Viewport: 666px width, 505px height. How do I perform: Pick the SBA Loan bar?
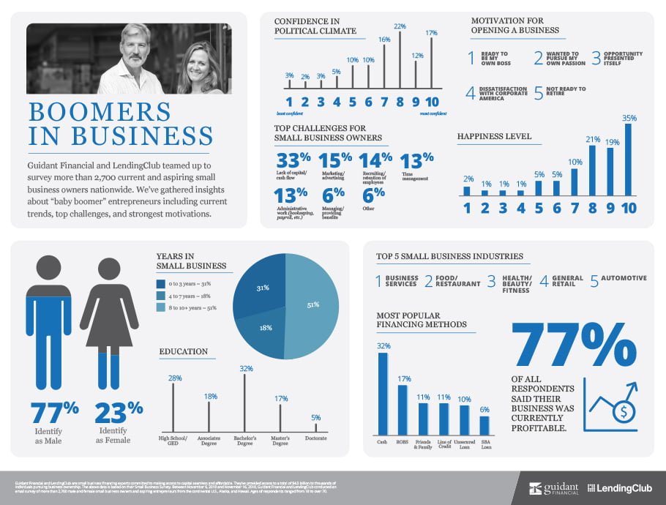[x=484, y=425]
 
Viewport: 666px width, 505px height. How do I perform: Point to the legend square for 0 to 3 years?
[x=161, y=284]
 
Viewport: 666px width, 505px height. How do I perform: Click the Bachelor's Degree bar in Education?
[x=245, y=402]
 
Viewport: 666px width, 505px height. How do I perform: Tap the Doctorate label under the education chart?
[x=315, y=438]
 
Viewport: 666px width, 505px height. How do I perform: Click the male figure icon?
[x=48, y=322]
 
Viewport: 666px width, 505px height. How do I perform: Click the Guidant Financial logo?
[x=553, y=488]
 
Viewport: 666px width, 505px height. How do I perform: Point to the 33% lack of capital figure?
[x=293, y=160]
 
